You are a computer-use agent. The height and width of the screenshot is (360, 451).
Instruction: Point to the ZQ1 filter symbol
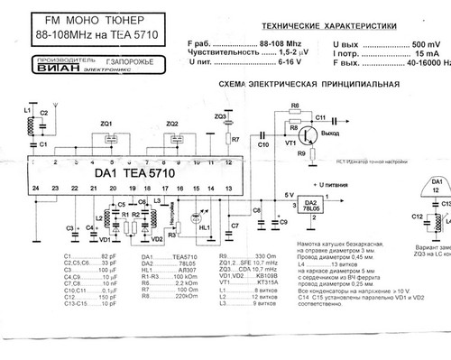coord(107,134)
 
